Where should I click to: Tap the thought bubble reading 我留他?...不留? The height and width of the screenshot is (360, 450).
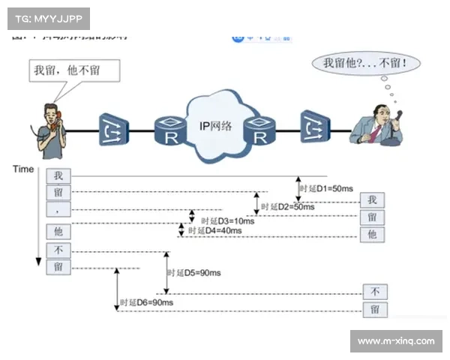tap(365, 63)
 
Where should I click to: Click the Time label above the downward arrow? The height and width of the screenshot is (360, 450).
tap(23, 169)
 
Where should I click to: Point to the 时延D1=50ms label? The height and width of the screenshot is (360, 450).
tap(327, 189)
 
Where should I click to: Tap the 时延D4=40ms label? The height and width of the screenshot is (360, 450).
tap(216, 231)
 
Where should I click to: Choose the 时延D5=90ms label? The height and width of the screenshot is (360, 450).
tap(193, 273)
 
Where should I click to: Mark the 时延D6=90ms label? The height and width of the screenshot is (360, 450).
tap(147, 302)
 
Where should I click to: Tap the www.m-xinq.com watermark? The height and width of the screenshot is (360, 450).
tap(395, 341)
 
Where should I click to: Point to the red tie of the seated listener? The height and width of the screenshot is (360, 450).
tap(375, 133)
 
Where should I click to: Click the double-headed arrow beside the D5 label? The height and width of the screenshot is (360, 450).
tap(166, 273)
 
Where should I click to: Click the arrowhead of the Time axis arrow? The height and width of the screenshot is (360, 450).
tap(37, 261)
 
